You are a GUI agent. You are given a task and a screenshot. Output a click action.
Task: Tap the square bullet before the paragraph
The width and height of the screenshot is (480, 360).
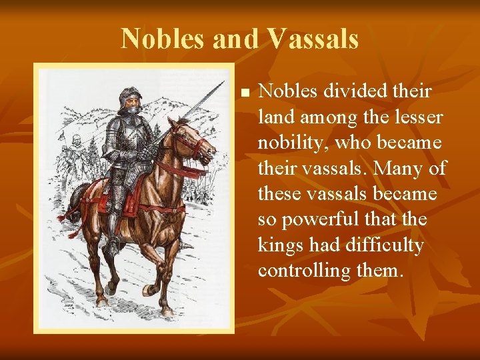[x=245, y=92]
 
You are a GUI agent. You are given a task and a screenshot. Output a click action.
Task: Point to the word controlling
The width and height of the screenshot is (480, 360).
[x=304, y=271]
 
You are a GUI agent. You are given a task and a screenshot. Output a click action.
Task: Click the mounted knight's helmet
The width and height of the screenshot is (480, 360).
[x=131, y=100]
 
